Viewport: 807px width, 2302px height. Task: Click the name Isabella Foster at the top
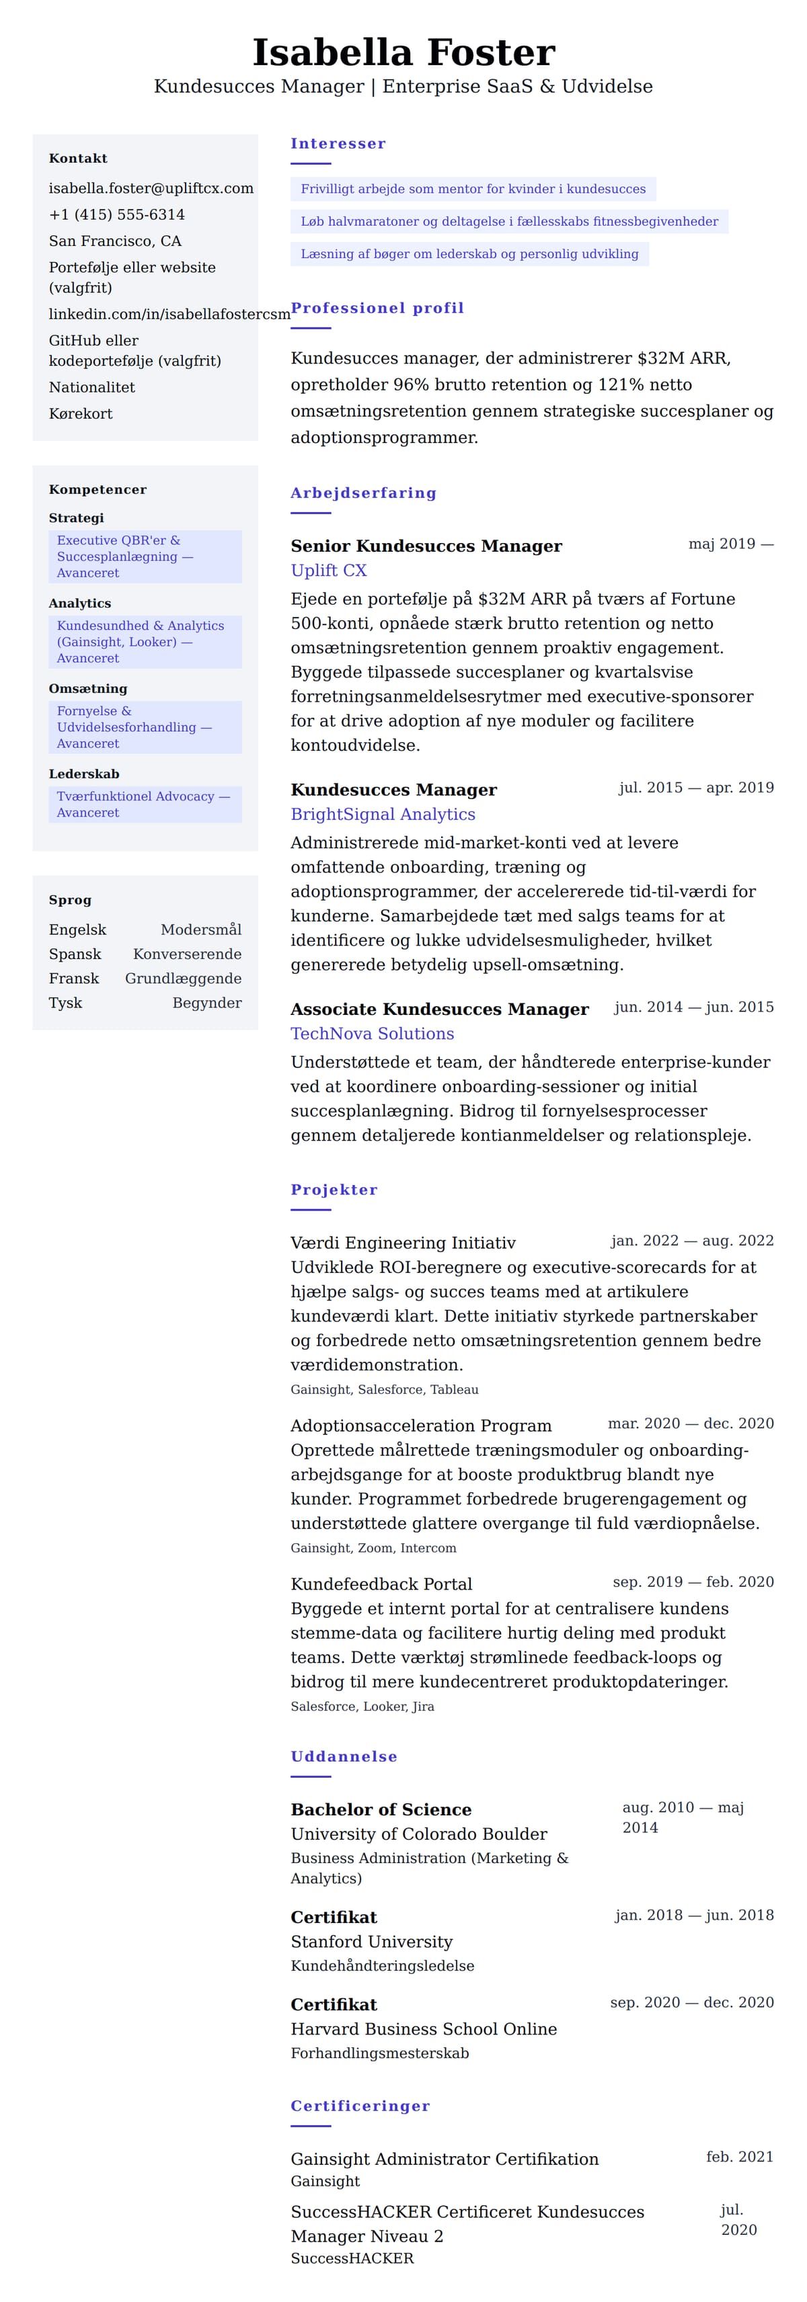(x=403, y=52)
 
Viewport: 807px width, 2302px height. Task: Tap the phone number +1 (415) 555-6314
(x=117, y=214)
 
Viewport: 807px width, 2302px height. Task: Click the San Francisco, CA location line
(x=115, y=241)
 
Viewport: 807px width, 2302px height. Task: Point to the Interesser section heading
(x=338, y=144)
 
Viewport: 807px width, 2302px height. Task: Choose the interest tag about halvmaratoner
(x=508, y=222)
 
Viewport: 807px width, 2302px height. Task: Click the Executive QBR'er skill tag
(x=145, y=556)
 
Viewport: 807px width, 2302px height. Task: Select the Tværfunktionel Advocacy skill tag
(x=145, y=805)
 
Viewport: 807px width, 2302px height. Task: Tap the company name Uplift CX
(x=328, y=570)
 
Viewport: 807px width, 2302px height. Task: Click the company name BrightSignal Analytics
(x=383, y=814)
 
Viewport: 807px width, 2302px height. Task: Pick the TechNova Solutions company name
(x=372, y=1033)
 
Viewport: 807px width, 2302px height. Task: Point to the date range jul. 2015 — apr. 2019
(x=695, y=787)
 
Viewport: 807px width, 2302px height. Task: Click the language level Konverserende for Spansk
(x=187, y=954)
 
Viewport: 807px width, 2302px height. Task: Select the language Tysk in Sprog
(x=65, y=1003)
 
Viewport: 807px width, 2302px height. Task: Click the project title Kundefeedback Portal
(x=381, y=1584)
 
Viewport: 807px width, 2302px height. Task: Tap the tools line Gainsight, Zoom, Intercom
(x=373, y=1548)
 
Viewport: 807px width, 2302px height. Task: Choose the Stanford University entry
(x=371, y=1941)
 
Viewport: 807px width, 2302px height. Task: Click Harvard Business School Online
(x=423, y=2028)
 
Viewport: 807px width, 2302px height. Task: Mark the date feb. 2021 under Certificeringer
(x=739, y=2156)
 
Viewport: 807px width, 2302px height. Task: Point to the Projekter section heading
(x=334, y=1190)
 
